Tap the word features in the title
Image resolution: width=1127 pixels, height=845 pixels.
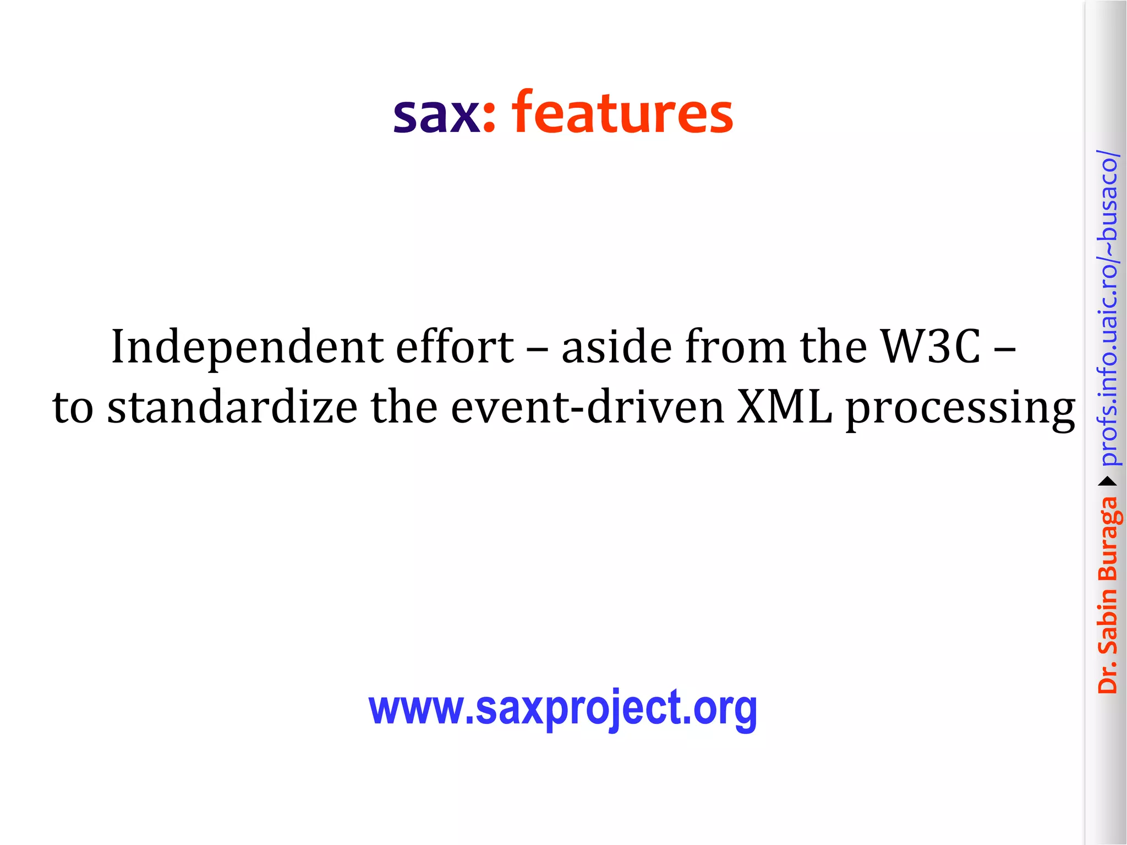[622, 112]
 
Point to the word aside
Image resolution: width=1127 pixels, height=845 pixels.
[616, 347]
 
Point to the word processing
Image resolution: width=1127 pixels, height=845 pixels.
[960, 410]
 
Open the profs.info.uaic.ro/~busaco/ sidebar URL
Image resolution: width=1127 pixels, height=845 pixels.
[1108, 308]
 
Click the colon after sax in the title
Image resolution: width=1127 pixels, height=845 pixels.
[489, 118]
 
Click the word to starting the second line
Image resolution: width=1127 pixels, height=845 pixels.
[73, 408]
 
